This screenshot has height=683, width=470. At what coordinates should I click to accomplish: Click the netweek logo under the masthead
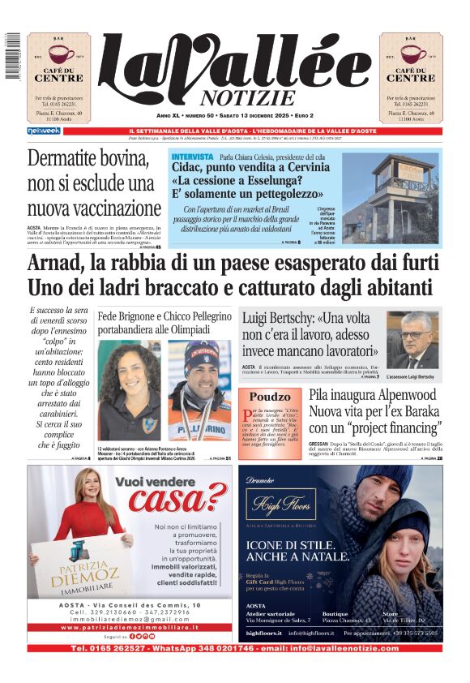coord(43,131)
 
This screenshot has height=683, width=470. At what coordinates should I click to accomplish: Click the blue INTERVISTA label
coord(192,156)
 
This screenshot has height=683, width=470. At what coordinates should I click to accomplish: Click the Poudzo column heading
coord(269,397)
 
